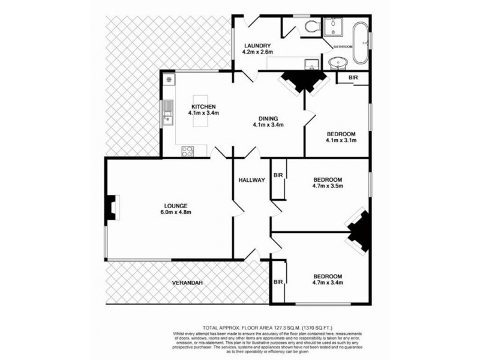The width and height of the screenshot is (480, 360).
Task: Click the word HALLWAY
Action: pos(251,180)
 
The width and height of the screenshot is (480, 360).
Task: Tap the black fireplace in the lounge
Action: pos(111,206)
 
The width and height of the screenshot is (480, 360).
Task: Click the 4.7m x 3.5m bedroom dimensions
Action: pos(327,187)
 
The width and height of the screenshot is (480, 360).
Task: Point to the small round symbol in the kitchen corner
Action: pos(169,79)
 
